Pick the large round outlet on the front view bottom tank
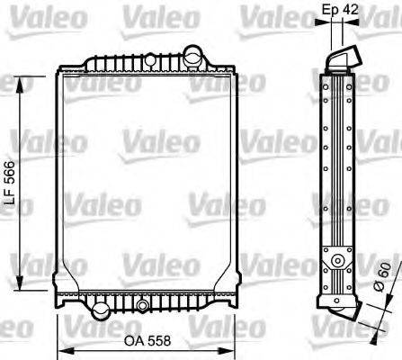coord(100,310)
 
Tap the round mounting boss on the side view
coord(339,262)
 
